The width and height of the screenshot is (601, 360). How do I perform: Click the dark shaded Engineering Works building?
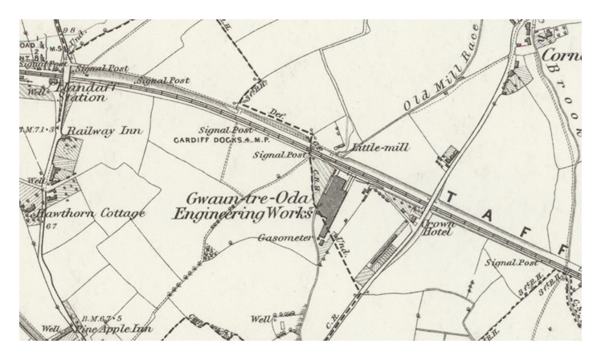[333, 206]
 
